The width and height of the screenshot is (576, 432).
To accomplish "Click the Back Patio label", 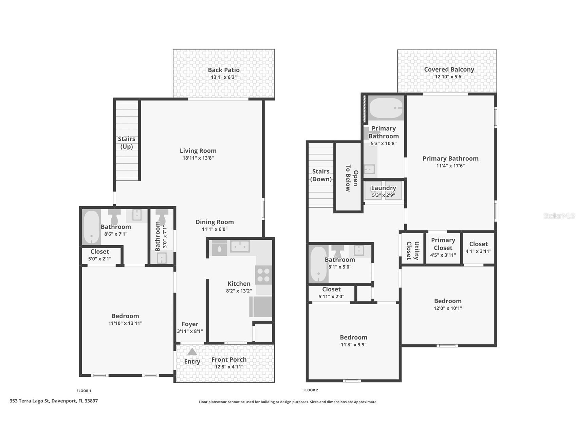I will (224, 70).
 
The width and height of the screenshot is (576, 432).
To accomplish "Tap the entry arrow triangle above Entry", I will (192, 352).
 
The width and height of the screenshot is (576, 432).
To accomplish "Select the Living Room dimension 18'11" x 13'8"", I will (198, 158).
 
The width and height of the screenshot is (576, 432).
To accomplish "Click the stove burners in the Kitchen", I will (264, 275).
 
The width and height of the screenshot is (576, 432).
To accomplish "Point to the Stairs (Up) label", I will (127, 143).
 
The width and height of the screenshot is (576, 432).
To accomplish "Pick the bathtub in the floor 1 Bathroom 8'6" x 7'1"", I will (91, 227).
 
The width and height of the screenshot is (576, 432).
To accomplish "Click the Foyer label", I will (190, 324).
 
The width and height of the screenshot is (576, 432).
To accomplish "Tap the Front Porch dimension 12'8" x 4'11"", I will (229, 367).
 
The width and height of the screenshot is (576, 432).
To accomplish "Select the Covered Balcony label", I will (449, 70).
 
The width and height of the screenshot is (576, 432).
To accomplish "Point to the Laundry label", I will (384, 188).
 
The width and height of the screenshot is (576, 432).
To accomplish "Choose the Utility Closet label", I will (413, 251).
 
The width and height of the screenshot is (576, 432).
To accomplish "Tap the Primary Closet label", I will (443, 244).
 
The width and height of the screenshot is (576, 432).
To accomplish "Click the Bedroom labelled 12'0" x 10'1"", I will (448, 301).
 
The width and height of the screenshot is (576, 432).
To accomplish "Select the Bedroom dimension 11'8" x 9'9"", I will (354, 345).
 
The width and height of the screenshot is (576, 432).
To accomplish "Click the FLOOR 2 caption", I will (311, 390).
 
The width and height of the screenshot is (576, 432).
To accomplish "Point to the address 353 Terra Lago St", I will (54, 401).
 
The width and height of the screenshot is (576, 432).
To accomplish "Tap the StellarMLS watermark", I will (559, 216).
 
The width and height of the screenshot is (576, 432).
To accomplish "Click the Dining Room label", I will (215, 222).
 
